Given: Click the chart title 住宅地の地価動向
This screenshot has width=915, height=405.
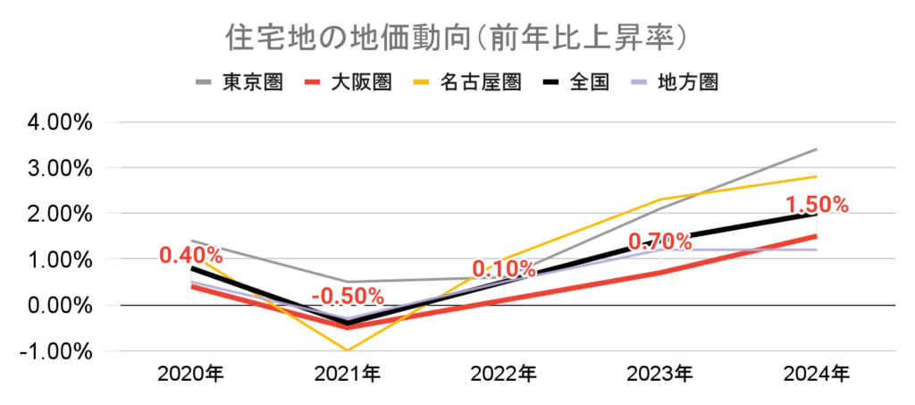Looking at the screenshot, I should pos(456,39).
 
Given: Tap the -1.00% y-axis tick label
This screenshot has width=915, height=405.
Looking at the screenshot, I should pos(52,350).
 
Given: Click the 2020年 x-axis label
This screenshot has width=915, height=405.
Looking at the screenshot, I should pos(191,374).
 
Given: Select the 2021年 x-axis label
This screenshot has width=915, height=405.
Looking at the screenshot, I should pos(348,374).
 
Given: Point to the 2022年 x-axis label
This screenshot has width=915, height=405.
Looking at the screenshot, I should pos(504,374).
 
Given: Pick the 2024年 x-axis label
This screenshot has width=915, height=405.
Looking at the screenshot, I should pos(817,374).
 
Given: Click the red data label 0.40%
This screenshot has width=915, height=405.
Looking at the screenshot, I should pos(191,255).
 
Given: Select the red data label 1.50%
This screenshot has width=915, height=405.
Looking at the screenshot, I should pos(817,205).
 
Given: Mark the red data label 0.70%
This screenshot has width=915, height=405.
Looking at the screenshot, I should pos(660,241).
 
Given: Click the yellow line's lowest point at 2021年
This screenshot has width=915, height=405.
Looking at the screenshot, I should pos(348,350).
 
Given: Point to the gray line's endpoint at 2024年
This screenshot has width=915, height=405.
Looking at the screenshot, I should pos(817,149).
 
